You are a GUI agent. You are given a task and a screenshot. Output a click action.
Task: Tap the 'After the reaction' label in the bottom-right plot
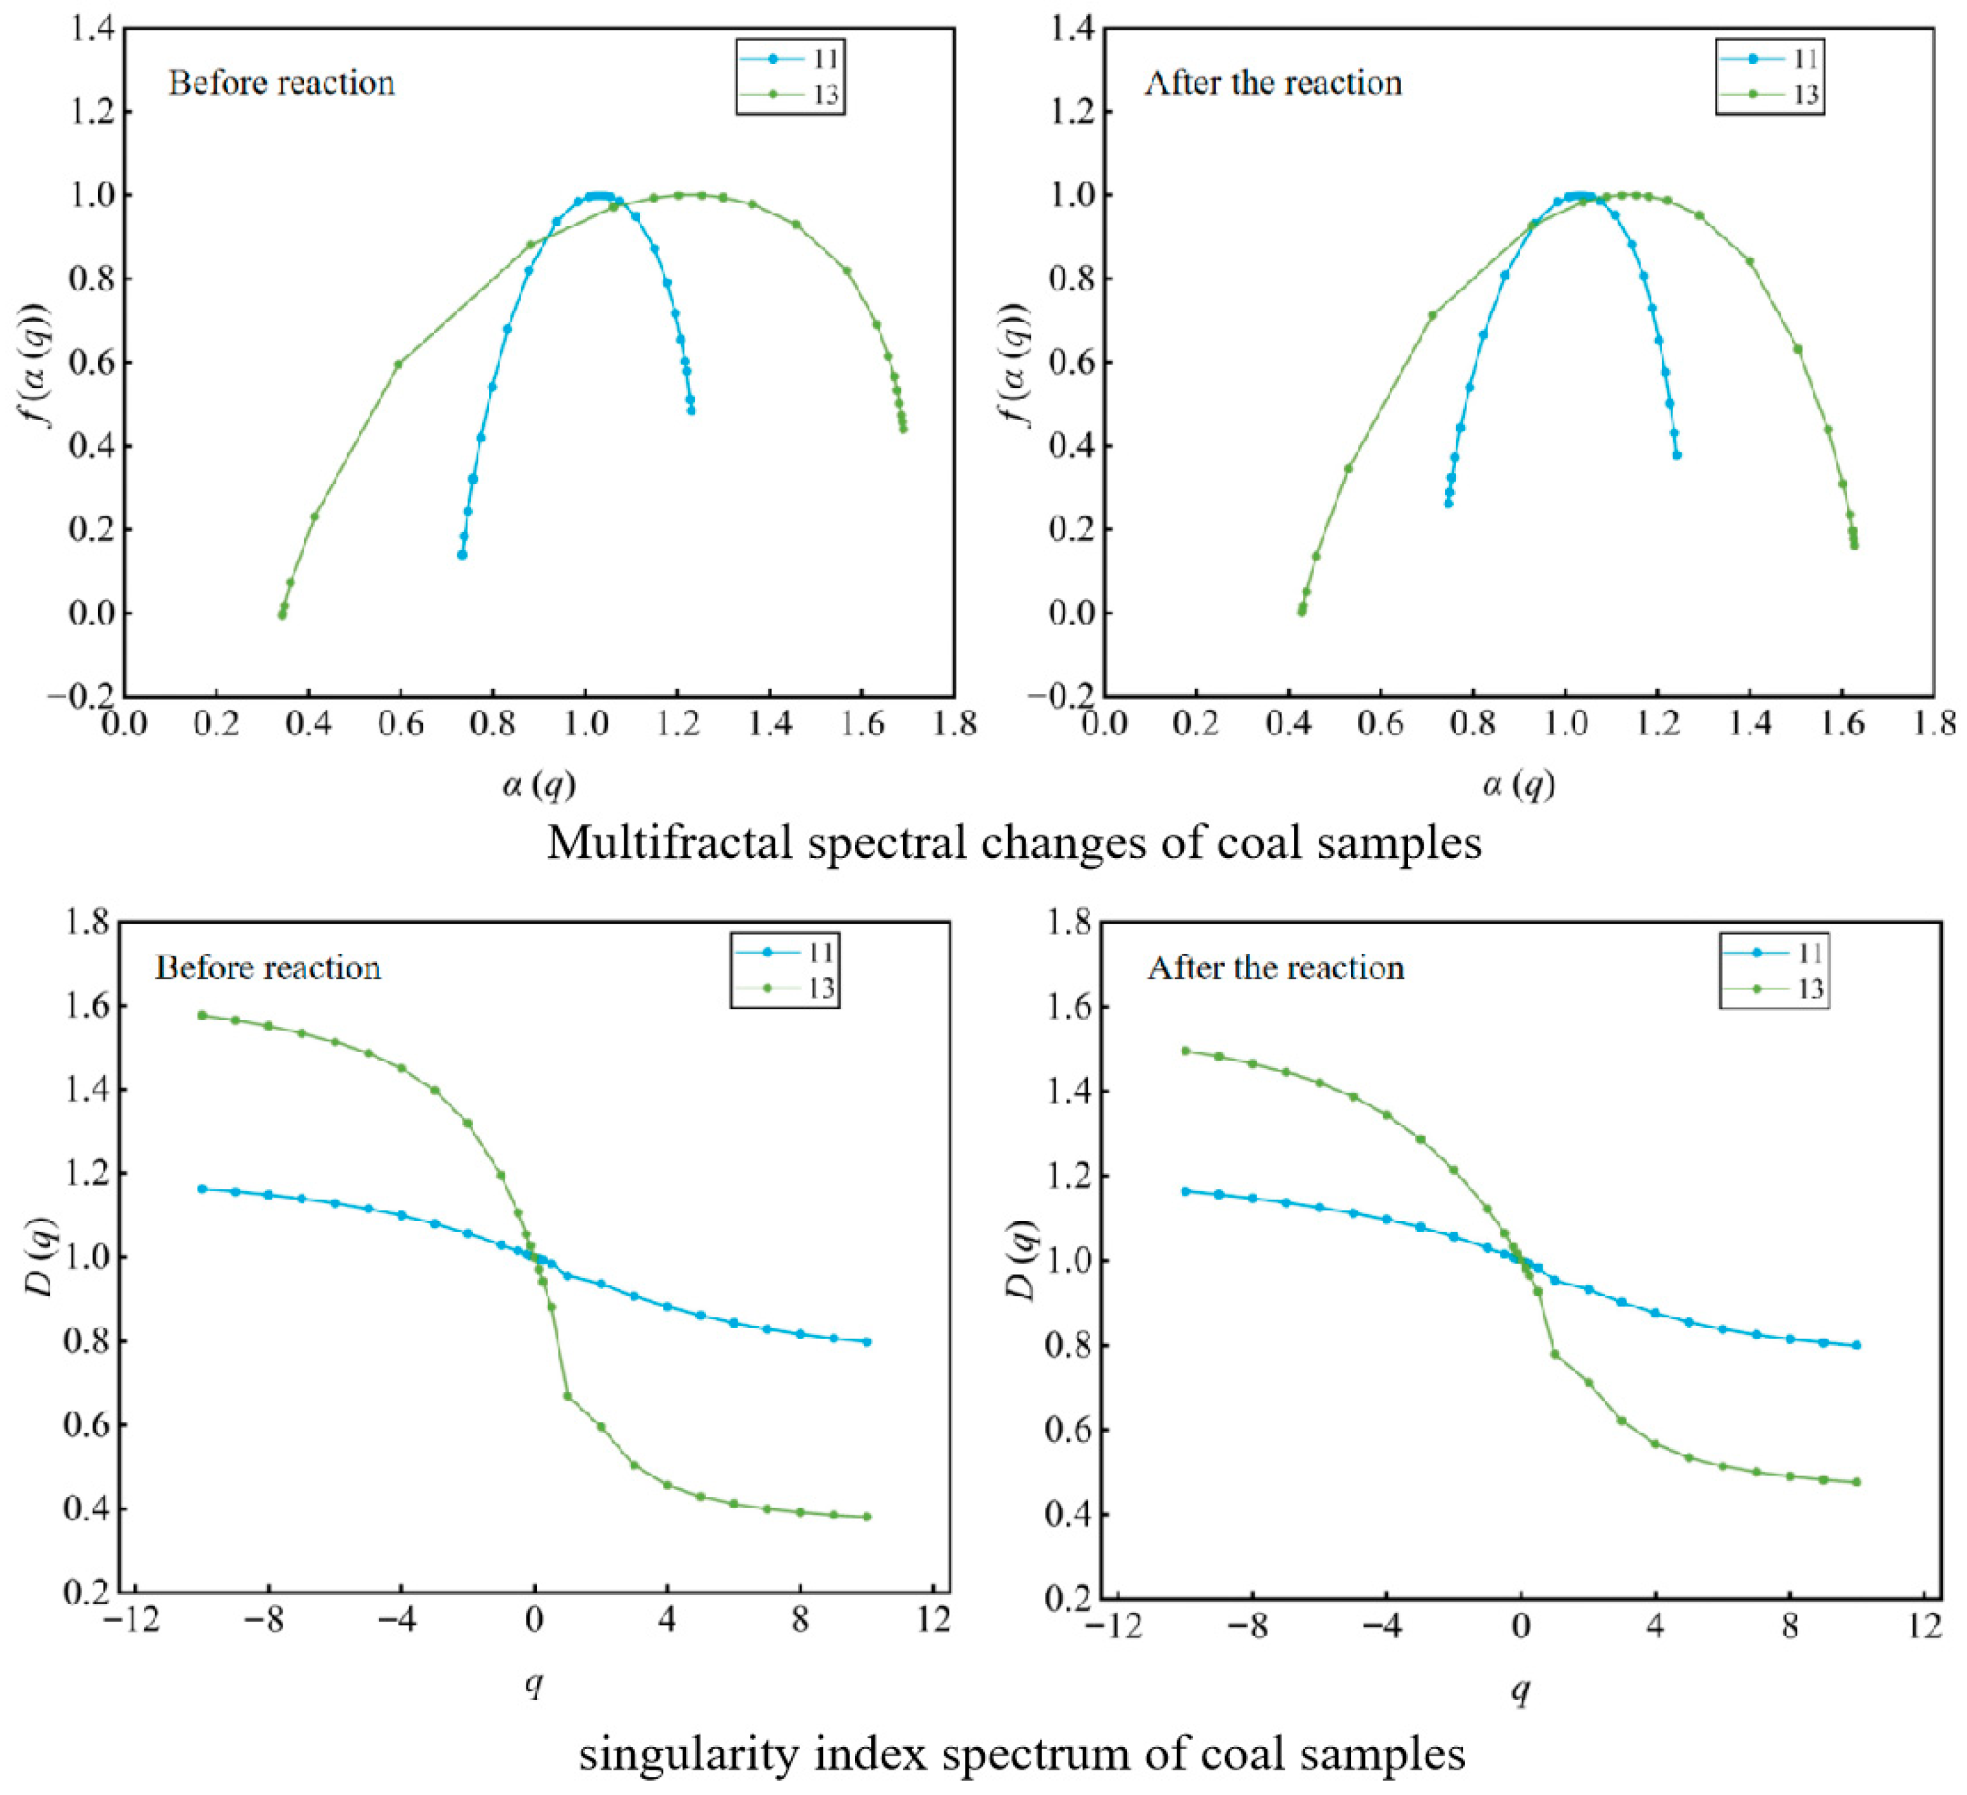pos(1275,967)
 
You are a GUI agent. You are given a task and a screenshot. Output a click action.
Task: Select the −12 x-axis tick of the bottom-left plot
pos(132,1620)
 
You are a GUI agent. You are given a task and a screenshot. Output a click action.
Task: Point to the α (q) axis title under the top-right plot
pos(1518,784)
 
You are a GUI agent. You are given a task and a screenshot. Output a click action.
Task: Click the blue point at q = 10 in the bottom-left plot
pos(866,1341)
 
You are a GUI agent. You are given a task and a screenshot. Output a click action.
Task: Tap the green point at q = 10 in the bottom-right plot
pos(1856,1482)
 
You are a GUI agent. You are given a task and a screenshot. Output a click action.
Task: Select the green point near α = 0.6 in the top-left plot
pos(398,364)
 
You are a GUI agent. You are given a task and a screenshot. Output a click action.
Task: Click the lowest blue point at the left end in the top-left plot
pos(462,554)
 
